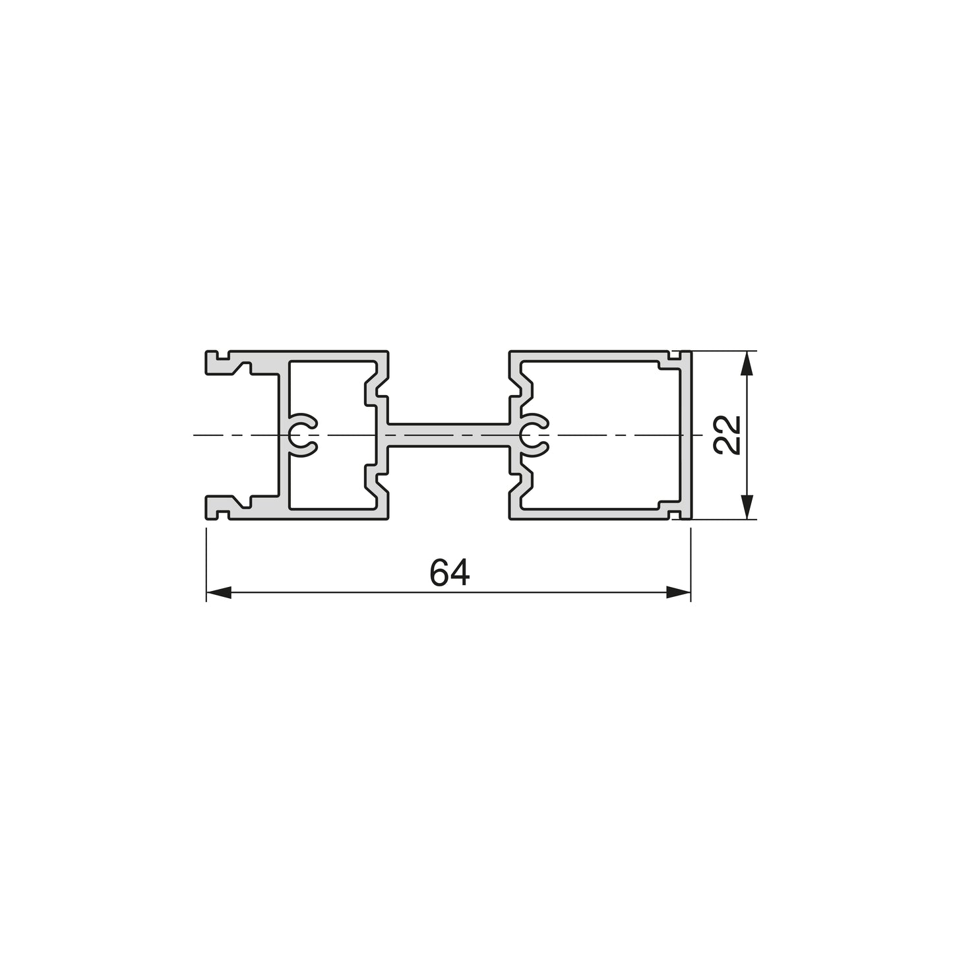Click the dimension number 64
click(x=450, y=572)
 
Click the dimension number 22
click(x=727, y=435)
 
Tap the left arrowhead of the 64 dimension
click(x=218, y=592)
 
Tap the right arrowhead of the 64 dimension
click(x=678, y=592)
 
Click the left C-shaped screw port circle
click(x=302, y=435)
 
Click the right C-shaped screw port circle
click(x=535, y=435)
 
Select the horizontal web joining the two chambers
click(x=448, y=435)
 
